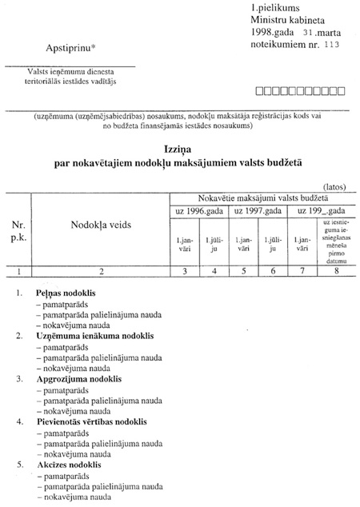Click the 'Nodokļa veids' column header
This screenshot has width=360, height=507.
pos(100,226)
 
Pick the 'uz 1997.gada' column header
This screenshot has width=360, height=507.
pos(257,210)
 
